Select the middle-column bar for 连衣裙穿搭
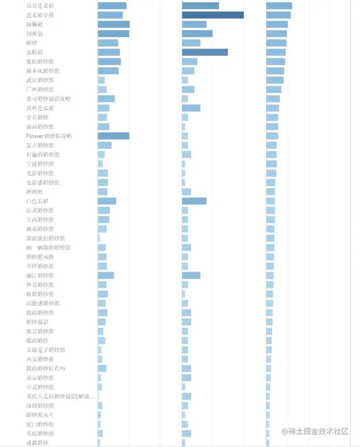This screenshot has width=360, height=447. point(213,15)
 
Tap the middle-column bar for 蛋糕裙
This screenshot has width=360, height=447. point(205,52)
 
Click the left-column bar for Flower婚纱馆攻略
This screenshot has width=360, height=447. point(114,136)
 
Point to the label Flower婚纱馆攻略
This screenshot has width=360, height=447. point(49,136)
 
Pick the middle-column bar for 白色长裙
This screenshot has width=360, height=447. point(194,201)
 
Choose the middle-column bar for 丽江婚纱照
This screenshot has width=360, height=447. point(191,275)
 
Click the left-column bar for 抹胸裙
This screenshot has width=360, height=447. point(114,24)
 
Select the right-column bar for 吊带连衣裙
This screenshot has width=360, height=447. point(279,6)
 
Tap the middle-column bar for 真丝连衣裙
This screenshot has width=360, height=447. point(191,108)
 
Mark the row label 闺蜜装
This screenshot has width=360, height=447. point(35,34)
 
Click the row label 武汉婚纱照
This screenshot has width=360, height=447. point(40,80)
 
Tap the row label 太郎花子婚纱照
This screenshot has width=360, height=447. point(45,350)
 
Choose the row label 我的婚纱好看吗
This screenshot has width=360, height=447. point(45,368)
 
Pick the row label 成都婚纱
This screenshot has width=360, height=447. point(37,443)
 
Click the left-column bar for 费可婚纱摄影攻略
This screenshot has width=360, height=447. point(106,99)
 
